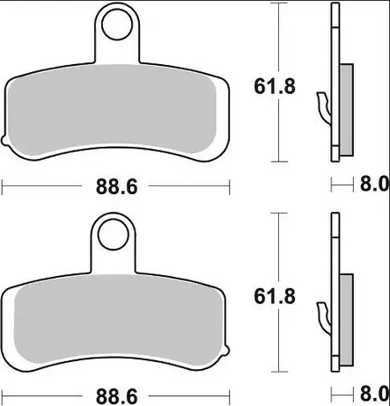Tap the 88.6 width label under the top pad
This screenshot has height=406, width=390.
pos(117,187)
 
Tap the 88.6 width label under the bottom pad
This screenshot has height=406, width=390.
pos(117,397)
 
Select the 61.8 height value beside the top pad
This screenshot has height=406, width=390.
pos(275,87)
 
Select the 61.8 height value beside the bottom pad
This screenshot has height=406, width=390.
pos(275,296)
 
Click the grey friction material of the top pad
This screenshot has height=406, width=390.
pos(112,109)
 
